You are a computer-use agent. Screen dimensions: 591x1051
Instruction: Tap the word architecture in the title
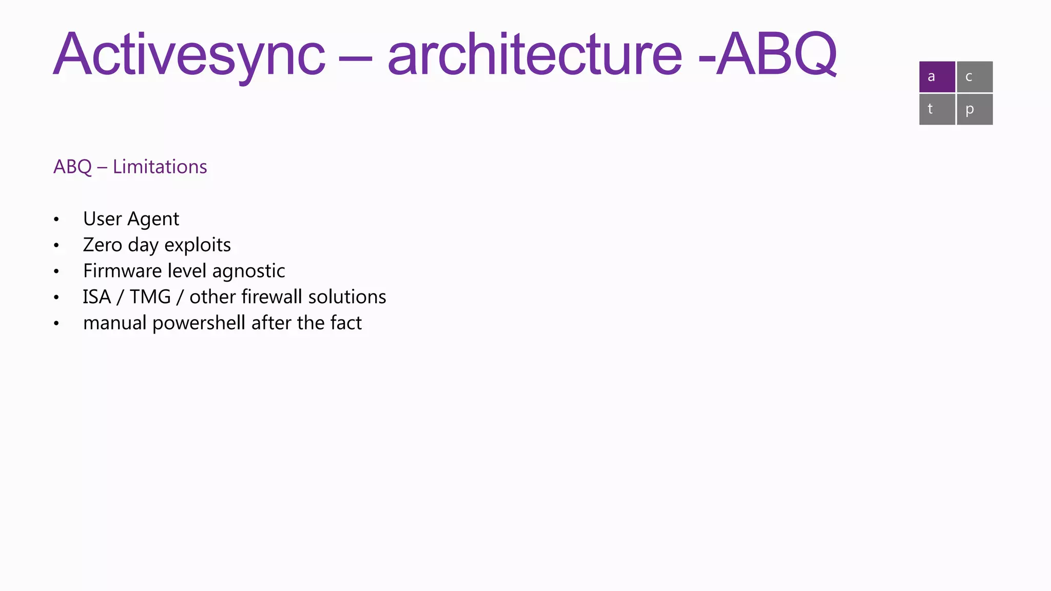pyautogui.click(x=535, y=54)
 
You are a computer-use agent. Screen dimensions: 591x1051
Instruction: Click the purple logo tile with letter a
pyautogui.click(x=937, y=77)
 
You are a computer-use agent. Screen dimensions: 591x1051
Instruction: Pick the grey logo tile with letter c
pyautogui.click(x=975, y=77)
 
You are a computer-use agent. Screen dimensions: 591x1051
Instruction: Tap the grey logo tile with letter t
pyautogui.click(x=937, y=109)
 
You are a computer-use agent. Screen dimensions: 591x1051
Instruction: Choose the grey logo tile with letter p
pyautogui.click(x=975, y=109)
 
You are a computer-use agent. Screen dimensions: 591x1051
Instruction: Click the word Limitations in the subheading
pyautogui.click(x=160, y=167)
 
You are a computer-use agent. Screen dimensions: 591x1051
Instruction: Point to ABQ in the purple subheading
pyautogui.click(x=72, y=167)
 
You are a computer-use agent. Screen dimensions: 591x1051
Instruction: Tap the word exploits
pyautogui.click(x=198, y=245)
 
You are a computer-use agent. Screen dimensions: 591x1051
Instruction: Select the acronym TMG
pyautogui.click(x=150, y=297)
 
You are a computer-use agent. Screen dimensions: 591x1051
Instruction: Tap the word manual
pyautogui.click(x=114, y=323)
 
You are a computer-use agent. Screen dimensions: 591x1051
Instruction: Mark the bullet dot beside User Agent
pyautogui.click(x=56, y=220)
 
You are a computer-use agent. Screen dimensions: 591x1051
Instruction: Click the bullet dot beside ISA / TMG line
pyautogui.click(x=56, y=298)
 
